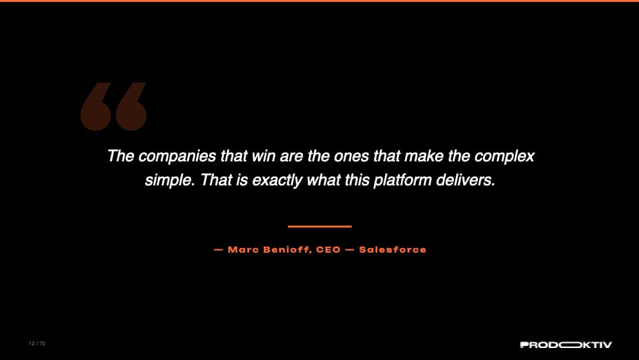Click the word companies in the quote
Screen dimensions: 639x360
click(x=177, y=157)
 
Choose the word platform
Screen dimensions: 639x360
click(x=402, y=181)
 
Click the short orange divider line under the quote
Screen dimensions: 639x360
click(x=320, y=226)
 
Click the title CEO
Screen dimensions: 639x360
click(x=328, y=249)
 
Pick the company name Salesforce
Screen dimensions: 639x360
click(x=392, y=249)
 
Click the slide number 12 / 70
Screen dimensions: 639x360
click(x=37, y=344)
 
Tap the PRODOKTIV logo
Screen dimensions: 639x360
click(x=566, y=345)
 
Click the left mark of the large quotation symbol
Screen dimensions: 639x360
click(x=95, y=107)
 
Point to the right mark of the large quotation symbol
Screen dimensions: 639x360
click(x=131, y=107)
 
